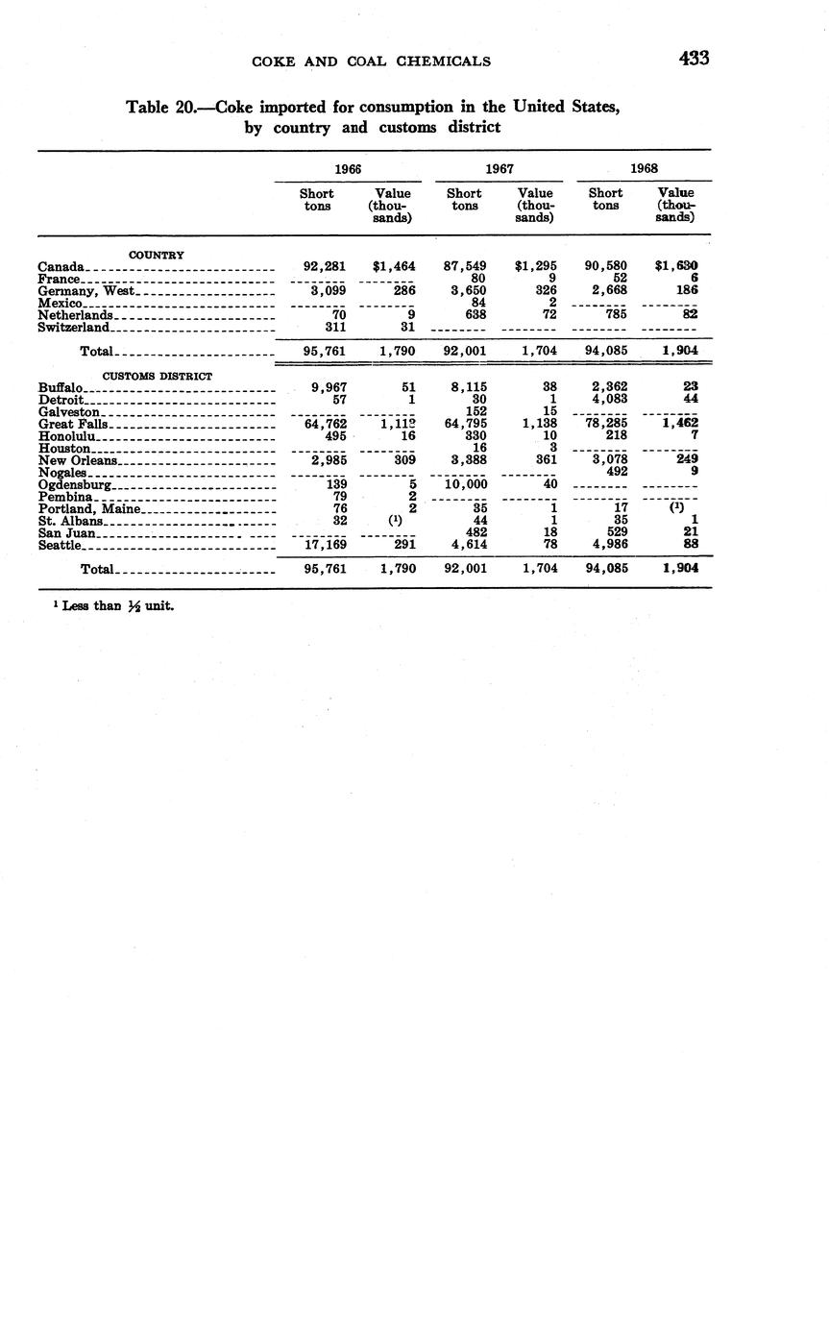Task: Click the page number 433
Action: click(x=694, y=59)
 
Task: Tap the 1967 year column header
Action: click(x=499, y=168)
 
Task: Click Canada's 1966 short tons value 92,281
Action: click(x=325, y=265)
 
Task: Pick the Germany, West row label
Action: click(x=87, y=290)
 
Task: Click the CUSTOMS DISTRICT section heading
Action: click(x=158, y=376)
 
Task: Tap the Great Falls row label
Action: click(x=73, y=424)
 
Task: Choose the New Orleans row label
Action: click(x=78, y=460)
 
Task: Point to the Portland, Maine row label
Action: click(x=89, y=508)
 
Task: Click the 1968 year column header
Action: click(x=644, y=168)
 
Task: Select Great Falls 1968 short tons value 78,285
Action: click(x=606, y=423)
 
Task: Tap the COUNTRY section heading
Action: click(x=157, y=255)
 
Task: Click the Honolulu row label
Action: click(x=66, y=435)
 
